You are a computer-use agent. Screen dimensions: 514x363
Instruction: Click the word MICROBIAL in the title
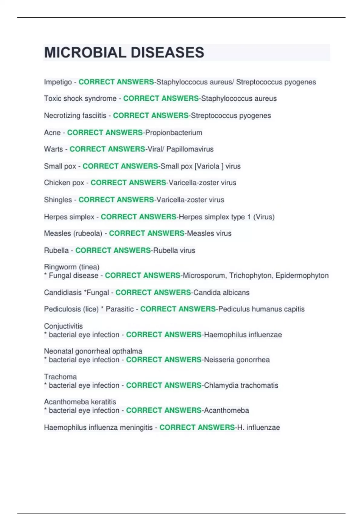pos(85,53)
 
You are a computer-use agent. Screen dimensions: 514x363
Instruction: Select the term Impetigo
pos(58,82)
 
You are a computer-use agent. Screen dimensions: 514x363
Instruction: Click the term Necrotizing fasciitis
pos(75,115)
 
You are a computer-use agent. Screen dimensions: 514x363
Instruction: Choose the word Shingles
pos(58,200)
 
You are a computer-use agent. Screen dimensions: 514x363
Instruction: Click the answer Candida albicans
pos(221,292)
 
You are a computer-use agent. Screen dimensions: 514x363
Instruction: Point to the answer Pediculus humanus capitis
pos(261,309)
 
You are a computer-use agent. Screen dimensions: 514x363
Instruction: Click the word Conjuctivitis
pos(63,326)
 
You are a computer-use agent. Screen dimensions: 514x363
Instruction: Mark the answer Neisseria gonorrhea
pos(237,360)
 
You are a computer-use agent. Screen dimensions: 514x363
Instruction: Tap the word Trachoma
pos(60,377)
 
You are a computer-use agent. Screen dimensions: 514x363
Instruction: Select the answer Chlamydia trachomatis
pos(241,385)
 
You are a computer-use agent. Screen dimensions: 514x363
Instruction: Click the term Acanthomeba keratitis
pos(80,402)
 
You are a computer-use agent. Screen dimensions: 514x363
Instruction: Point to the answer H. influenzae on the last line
pos(259,428)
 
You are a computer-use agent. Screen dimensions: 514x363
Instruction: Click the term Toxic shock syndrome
pos(80,99)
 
